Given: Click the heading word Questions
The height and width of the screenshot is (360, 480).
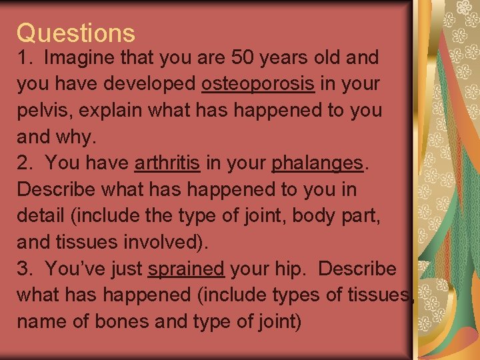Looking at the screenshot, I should pos(75,33).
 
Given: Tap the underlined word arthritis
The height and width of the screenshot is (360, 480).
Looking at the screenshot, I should pos(167,163).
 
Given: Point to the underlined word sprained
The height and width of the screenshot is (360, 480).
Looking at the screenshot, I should pos(186,269).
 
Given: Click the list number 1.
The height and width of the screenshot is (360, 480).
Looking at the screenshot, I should pos(24,57).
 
